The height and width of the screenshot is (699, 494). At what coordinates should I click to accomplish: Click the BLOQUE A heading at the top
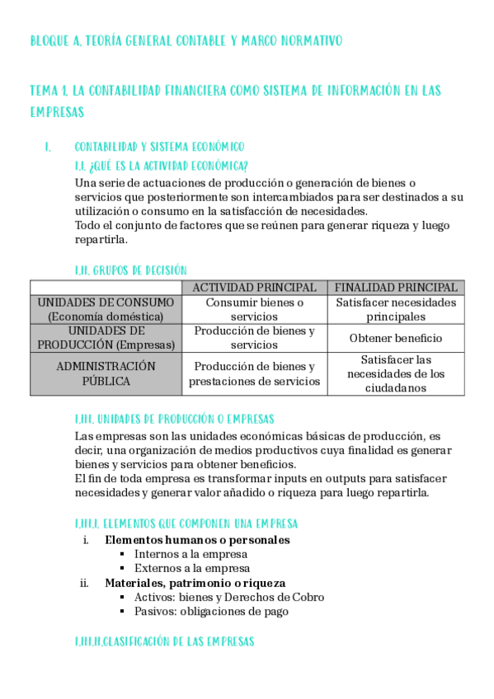tap(186, 40)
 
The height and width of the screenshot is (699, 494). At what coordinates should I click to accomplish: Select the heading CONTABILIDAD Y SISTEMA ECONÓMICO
tap(159, 147)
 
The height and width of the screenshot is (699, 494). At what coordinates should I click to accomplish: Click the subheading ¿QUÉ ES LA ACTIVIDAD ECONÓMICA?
tap(162, 165)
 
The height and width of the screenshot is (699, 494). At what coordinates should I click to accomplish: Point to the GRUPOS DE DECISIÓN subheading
tap(131, 270)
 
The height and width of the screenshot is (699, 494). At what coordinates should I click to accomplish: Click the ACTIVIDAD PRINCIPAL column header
tap(254, 288)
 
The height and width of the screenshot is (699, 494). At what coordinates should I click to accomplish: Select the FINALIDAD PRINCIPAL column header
tap(396, 288)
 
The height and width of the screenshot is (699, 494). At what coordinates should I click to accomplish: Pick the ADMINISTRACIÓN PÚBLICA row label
tap(106, 373)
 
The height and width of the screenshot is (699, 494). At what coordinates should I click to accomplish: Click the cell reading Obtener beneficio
tap(396, 338)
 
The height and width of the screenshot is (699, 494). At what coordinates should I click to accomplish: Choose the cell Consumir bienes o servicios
tap(254, 309)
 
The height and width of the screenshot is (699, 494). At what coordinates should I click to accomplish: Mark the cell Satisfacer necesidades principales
tap(396, 309)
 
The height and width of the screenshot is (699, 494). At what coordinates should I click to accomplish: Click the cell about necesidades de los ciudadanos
tap(396, 373)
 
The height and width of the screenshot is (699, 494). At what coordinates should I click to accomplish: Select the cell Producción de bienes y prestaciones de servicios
tap(254, 373)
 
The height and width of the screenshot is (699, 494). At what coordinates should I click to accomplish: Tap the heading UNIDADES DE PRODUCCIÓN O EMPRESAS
tap(174, 419)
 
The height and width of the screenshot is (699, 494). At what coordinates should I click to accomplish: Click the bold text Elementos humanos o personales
tap(197, 540)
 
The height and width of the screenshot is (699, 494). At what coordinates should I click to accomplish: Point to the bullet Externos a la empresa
tap(191, 568)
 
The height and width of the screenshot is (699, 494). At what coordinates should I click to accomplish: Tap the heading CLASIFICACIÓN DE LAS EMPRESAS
tap(164, 640)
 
